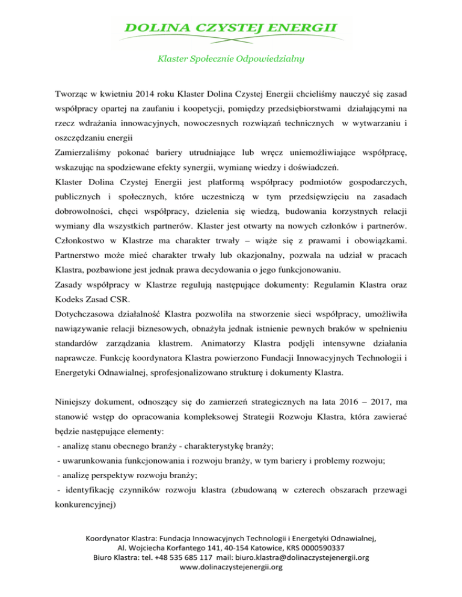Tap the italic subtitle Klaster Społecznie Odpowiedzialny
point(231,59)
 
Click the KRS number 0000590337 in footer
point(319,564)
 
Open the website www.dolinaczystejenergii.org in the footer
point(231,584)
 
